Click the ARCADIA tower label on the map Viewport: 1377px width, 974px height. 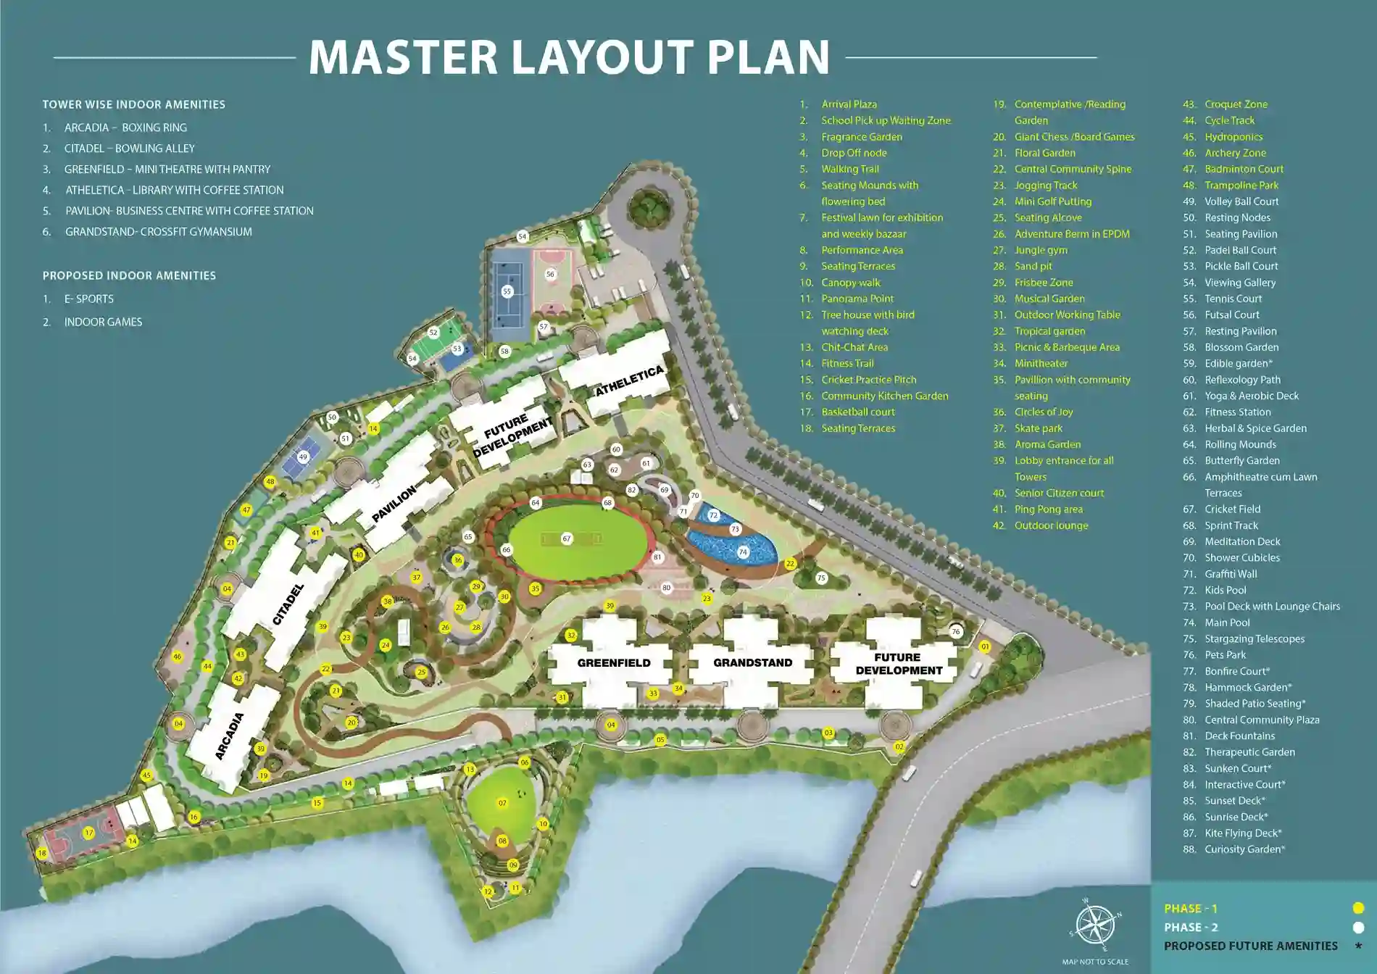coord(229,736)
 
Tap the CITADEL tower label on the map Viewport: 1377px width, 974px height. coord(288,604)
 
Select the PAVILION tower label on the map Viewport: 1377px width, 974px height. coord(394,504)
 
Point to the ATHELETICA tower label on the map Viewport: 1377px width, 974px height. coord(629,380)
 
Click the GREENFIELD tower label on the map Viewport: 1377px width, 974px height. coord(614,663)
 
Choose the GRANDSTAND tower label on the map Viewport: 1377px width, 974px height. coord(752,663)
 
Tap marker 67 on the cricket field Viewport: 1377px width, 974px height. coord(567,538)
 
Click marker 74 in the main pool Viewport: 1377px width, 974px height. coord(743,552)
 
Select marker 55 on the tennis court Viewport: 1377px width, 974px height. coord(507,291)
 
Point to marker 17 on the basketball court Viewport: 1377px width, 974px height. coord(88,833)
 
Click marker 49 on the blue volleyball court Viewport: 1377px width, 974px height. coord(303,457)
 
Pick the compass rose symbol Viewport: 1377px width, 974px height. coord(1094,925)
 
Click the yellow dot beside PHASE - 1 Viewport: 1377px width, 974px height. coord(1358,908)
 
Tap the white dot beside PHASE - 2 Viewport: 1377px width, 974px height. coord(1358,927)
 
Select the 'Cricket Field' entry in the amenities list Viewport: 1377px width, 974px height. coord(1232,509)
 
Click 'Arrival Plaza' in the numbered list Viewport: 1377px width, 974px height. coord(849,104)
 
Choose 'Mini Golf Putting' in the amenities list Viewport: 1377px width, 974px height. coord(1052,201)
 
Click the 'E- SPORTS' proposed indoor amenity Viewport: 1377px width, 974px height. coord(88,299)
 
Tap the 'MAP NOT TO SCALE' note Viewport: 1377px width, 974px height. coord(1095,962)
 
